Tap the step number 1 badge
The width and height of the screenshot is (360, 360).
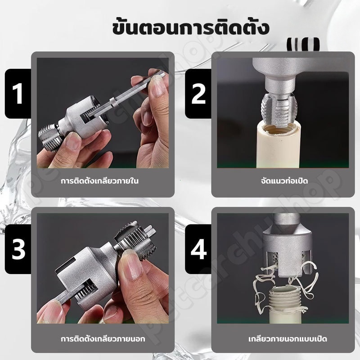[18, 94]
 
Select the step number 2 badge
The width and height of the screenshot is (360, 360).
[198, 94]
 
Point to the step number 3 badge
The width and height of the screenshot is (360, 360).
[18, 249]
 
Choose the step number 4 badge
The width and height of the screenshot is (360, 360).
[198, 249]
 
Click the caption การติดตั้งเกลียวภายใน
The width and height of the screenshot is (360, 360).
[99, 181]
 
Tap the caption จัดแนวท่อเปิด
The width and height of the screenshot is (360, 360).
[284, 181]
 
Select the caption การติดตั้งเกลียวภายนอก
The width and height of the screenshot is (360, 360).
[103, 339]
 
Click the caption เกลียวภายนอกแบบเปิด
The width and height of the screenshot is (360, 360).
[288, 339]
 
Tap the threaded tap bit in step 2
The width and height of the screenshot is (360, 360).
[279, 110]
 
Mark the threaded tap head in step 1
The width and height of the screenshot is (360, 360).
[49, 137]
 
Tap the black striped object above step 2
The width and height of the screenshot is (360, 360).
[303, 44]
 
